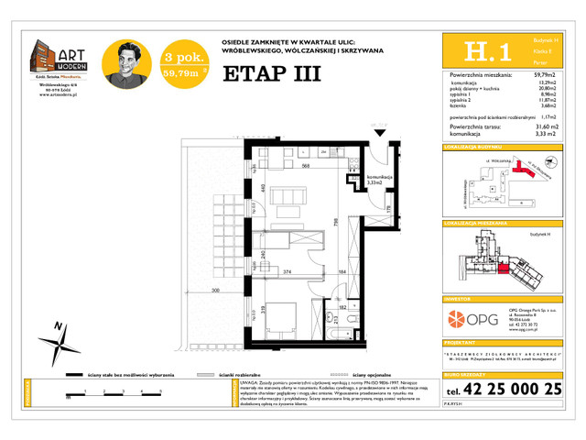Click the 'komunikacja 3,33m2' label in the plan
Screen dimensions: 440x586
pos(379,181)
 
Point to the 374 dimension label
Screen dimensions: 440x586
pos(286,271)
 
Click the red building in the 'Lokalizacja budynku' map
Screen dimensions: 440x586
pos(524,169)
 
